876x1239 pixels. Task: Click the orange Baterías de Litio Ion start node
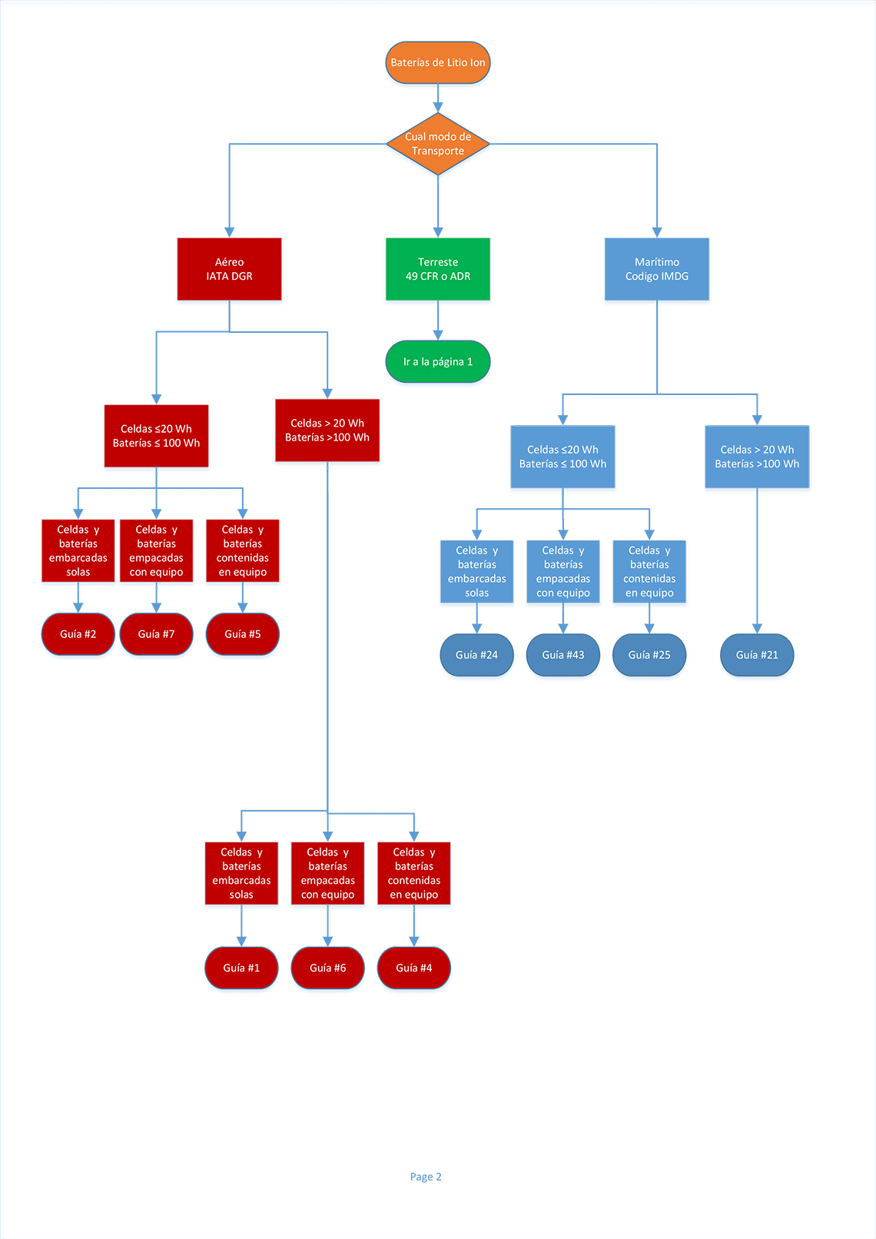437,62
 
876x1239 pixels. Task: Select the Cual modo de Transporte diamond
437,144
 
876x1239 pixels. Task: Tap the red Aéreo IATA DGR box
229,269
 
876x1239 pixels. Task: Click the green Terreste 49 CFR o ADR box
437,269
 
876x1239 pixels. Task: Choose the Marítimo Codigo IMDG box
656,269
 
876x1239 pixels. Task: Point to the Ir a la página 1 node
437,361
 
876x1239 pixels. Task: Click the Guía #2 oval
78,634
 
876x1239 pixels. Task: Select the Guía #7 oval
156,634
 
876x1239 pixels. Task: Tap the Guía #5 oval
242,634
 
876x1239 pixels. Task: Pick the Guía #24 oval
476,655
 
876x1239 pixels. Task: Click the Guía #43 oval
563,655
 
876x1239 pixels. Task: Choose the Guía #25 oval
649,655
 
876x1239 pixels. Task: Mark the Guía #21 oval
757,655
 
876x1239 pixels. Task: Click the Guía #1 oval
241,968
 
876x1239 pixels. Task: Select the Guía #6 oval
327,968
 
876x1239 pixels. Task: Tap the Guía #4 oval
413,968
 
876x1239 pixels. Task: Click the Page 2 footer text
426,1177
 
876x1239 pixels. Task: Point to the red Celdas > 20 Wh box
327,430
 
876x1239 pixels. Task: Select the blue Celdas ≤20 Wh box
562,457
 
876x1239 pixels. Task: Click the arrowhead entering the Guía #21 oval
757,629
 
